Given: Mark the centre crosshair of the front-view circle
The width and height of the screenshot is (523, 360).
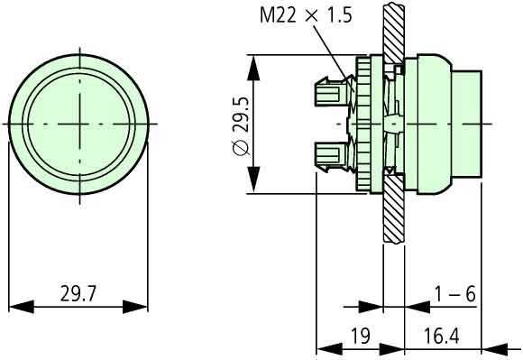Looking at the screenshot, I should pyautogui.click(x=79, y=123).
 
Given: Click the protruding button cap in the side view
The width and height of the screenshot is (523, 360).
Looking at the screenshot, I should pyautogui.click(x=467, y=123).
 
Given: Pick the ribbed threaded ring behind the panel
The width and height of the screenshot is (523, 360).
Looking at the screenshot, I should pyautogui.click(x=366, y=123).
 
